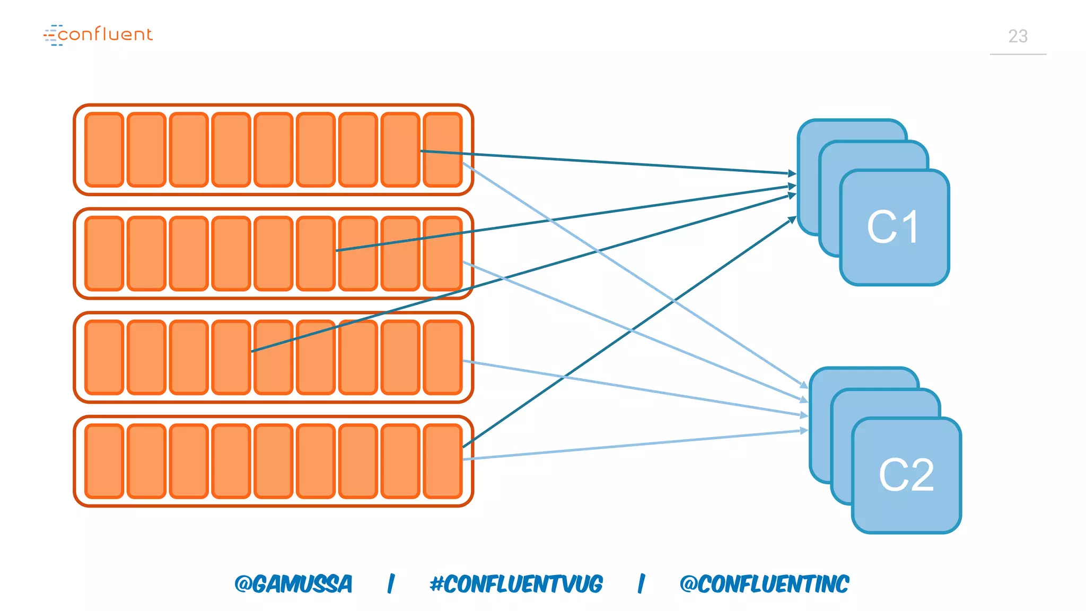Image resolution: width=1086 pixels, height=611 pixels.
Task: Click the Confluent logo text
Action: click(104, 34)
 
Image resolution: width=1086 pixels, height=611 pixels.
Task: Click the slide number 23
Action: click(1018, 36)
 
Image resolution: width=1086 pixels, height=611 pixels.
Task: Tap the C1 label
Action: click(894, 228)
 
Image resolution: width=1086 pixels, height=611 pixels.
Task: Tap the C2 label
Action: click(906, 475)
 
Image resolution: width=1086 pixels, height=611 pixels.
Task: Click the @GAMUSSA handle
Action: click(293, 584)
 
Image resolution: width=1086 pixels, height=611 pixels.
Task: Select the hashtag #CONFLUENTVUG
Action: click(516, 584)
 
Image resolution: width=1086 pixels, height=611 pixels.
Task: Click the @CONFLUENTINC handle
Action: click(764, 584)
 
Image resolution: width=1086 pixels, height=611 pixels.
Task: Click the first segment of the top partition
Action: click(104, 150)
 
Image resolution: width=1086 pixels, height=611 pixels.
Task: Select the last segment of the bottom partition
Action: click(443, 461)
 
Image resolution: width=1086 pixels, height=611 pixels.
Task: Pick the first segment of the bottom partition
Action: click(104, 461)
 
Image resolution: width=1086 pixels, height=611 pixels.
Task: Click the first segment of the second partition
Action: click(104, 254)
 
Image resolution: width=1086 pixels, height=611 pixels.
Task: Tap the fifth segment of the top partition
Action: click(273, 150)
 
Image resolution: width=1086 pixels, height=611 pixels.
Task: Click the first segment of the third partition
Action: click(104, 357)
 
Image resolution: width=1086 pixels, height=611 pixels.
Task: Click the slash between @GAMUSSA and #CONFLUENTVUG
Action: click(391, 584)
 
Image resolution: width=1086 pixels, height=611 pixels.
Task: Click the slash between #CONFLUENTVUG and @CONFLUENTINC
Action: click(641, 584)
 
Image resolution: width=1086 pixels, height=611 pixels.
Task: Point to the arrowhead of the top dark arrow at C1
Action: click(793, 173)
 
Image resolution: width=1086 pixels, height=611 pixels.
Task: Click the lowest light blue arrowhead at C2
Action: click(804, 431)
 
